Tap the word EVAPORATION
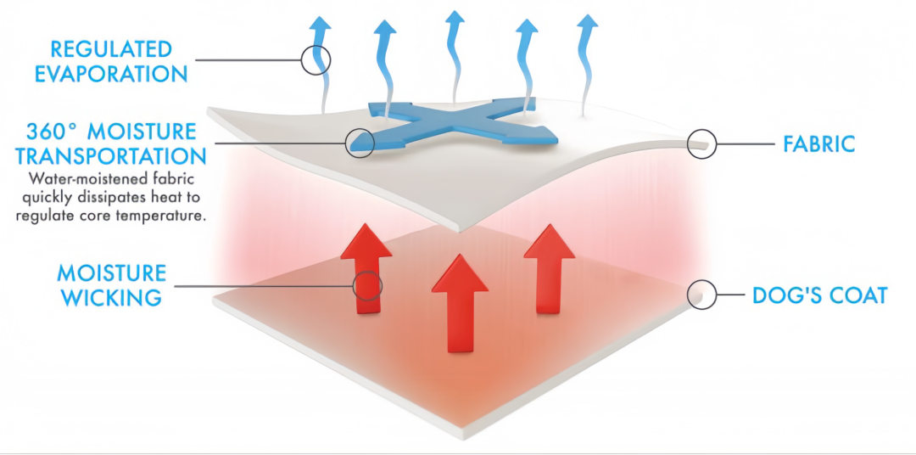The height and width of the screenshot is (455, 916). click(x=110, y=74)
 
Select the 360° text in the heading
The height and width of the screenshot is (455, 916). click(x=53, y=132)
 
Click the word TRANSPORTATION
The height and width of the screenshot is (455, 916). click(x=111, y=156)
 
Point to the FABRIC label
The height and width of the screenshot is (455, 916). click(x=818, y=144)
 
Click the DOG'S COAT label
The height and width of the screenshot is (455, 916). click(x=819, y=295)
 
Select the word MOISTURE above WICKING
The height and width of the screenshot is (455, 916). click(x=112, y=273)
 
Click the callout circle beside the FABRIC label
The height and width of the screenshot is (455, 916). click(x=701, y=144)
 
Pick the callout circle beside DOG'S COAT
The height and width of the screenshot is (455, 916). click(x=701, y=294)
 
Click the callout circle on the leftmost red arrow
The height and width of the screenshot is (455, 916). click(x=366, y=285)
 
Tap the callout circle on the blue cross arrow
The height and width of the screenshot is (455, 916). click(x=360, y=141)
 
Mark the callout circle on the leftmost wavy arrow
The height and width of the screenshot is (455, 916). click(x=316, y=59)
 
